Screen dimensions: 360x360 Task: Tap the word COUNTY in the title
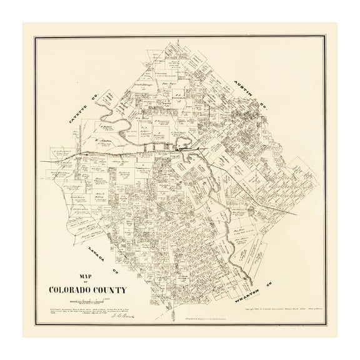coord(110,289)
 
